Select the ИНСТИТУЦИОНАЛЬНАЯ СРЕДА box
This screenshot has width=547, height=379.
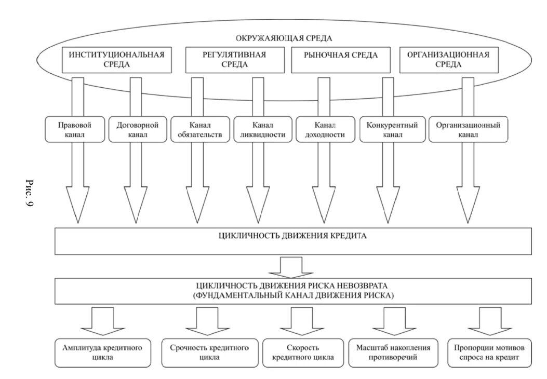(116, 60)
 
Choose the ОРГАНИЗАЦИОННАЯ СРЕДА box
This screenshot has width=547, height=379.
(448, 60)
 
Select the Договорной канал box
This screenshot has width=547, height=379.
(137, 129)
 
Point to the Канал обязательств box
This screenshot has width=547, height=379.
(200, 129)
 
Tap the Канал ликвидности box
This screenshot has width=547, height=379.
(262, 129)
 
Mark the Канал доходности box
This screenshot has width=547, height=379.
(325, 129)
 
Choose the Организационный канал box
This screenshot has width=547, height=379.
(468, 129)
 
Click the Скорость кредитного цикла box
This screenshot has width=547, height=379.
(303, 352)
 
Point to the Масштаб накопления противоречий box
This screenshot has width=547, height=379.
(390, 352)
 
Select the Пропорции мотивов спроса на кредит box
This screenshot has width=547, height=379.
(485, 352)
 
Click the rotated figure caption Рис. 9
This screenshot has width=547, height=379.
(30, 193)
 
